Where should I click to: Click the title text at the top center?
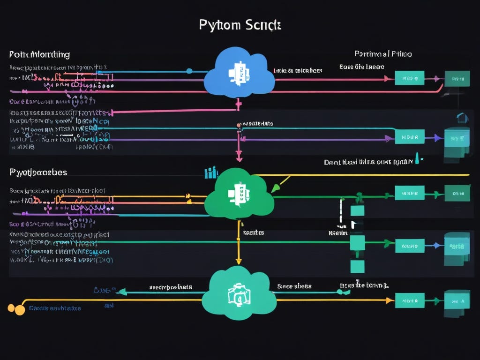click(240, 25)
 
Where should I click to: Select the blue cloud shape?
click(239, 74)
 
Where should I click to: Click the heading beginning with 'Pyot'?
click(38, 172)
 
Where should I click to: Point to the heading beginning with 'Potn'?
click(39, 54)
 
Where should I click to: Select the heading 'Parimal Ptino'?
click(383, 54)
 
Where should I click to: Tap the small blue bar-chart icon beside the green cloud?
click(211, 172)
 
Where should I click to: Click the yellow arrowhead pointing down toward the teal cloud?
click(238, 261)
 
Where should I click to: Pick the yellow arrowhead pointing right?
click(389, 300)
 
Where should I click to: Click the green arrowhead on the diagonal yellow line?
click(275, 188)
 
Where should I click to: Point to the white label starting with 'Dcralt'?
click(369, 162)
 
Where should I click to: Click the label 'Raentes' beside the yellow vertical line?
click(253, 232)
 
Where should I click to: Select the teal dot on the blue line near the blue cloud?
click(189, 71)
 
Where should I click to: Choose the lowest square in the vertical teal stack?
click(357, 266)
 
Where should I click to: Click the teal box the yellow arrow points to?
click(409, 300)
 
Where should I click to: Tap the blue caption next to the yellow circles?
click(55, 308)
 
